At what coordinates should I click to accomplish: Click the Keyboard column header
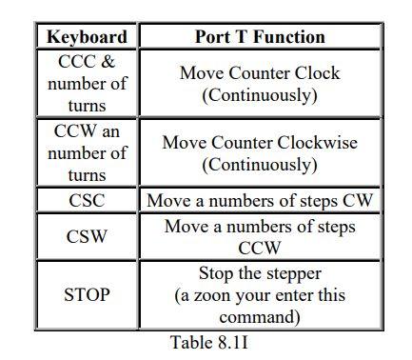(87, 37)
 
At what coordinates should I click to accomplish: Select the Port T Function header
(260, 37)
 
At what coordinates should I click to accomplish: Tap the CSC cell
(87, 201)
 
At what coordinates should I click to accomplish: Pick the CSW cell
(87, 236)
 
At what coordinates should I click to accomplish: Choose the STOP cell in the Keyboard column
(87, 294)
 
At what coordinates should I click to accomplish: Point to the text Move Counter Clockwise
(260, 143)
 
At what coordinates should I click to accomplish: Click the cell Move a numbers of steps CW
(260, 201)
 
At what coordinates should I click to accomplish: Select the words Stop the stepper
(260, 273)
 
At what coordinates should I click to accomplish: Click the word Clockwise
(314, 143)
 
